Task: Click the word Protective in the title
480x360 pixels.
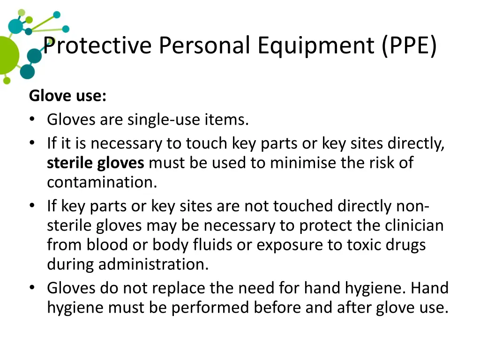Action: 97,46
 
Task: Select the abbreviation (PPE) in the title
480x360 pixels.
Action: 409,46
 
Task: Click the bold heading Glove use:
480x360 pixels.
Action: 67,96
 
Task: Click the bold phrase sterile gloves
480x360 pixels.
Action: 96,163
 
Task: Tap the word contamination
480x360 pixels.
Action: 102,182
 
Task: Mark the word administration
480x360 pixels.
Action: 153,264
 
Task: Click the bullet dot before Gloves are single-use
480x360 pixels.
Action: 32,120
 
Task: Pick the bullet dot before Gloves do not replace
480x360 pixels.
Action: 32,288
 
